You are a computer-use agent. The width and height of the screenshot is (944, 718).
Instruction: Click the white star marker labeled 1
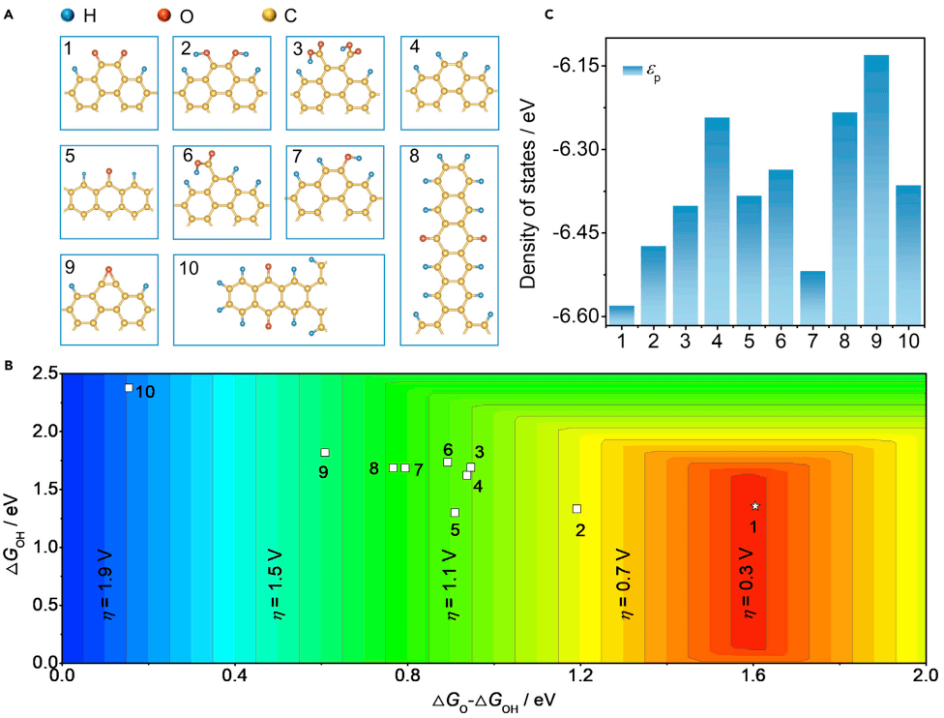click(x=755, y=506)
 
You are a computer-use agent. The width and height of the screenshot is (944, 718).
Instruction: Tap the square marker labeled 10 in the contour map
click(x=129, y=388)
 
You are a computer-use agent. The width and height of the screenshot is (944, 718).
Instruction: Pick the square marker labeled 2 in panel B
click(x=576, y=509)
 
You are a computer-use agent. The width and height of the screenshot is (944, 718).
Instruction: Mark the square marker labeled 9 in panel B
click(x=325, y=453)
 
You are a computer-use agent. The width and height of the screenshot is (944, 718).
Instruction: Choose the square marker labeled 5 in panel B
click(x=455, y=512)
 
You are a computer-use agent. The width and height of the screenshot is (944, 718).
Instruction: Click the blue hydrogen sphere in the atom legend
click(x=66, y=15)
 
